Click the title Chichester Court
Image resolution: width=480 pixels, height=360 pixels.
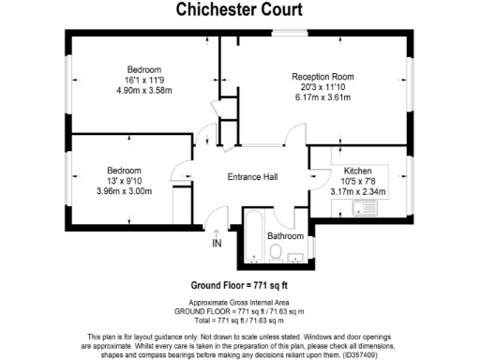click(x=239, y=10)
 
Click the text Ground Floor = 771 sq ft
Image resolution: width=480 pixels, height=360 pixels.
click(x=239, y=285)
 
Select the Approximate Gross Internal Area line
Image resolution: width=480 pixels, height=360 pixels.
click(x=239, y=302)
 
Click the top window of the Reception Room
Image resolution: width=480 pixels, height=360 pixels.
click(x=291, y=34)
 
